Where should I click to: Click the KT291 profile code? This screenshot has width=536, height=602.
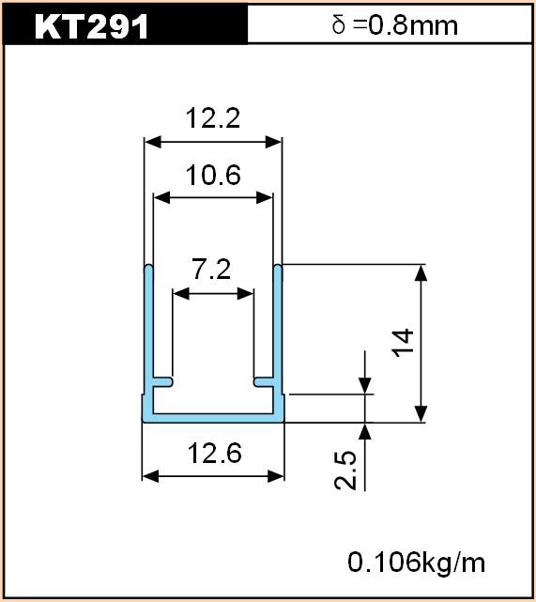[91, 26]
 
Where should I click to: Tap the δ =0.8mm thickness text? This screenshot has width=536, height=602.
[395, 25]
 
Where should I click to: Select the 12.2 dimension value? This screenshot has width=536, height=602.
[213, 118]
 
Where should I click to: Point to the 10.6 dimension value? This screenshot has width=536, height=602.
[213, 175]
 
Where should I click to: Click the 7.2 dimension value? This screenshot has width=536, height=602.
[212, 270]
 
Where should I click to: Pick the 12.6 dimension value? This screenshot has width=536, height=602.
[215, 453]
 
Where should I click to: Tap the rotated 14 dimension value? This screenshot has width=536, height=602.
[404, 343]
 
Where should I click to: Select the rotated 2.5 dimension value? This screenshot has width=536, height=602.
[345, 470]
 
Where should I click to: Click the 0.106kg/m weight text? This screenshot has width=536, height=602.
[416, 563]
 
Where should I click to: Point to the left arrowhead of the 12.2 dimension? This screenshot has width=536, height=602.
[152, 142]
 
